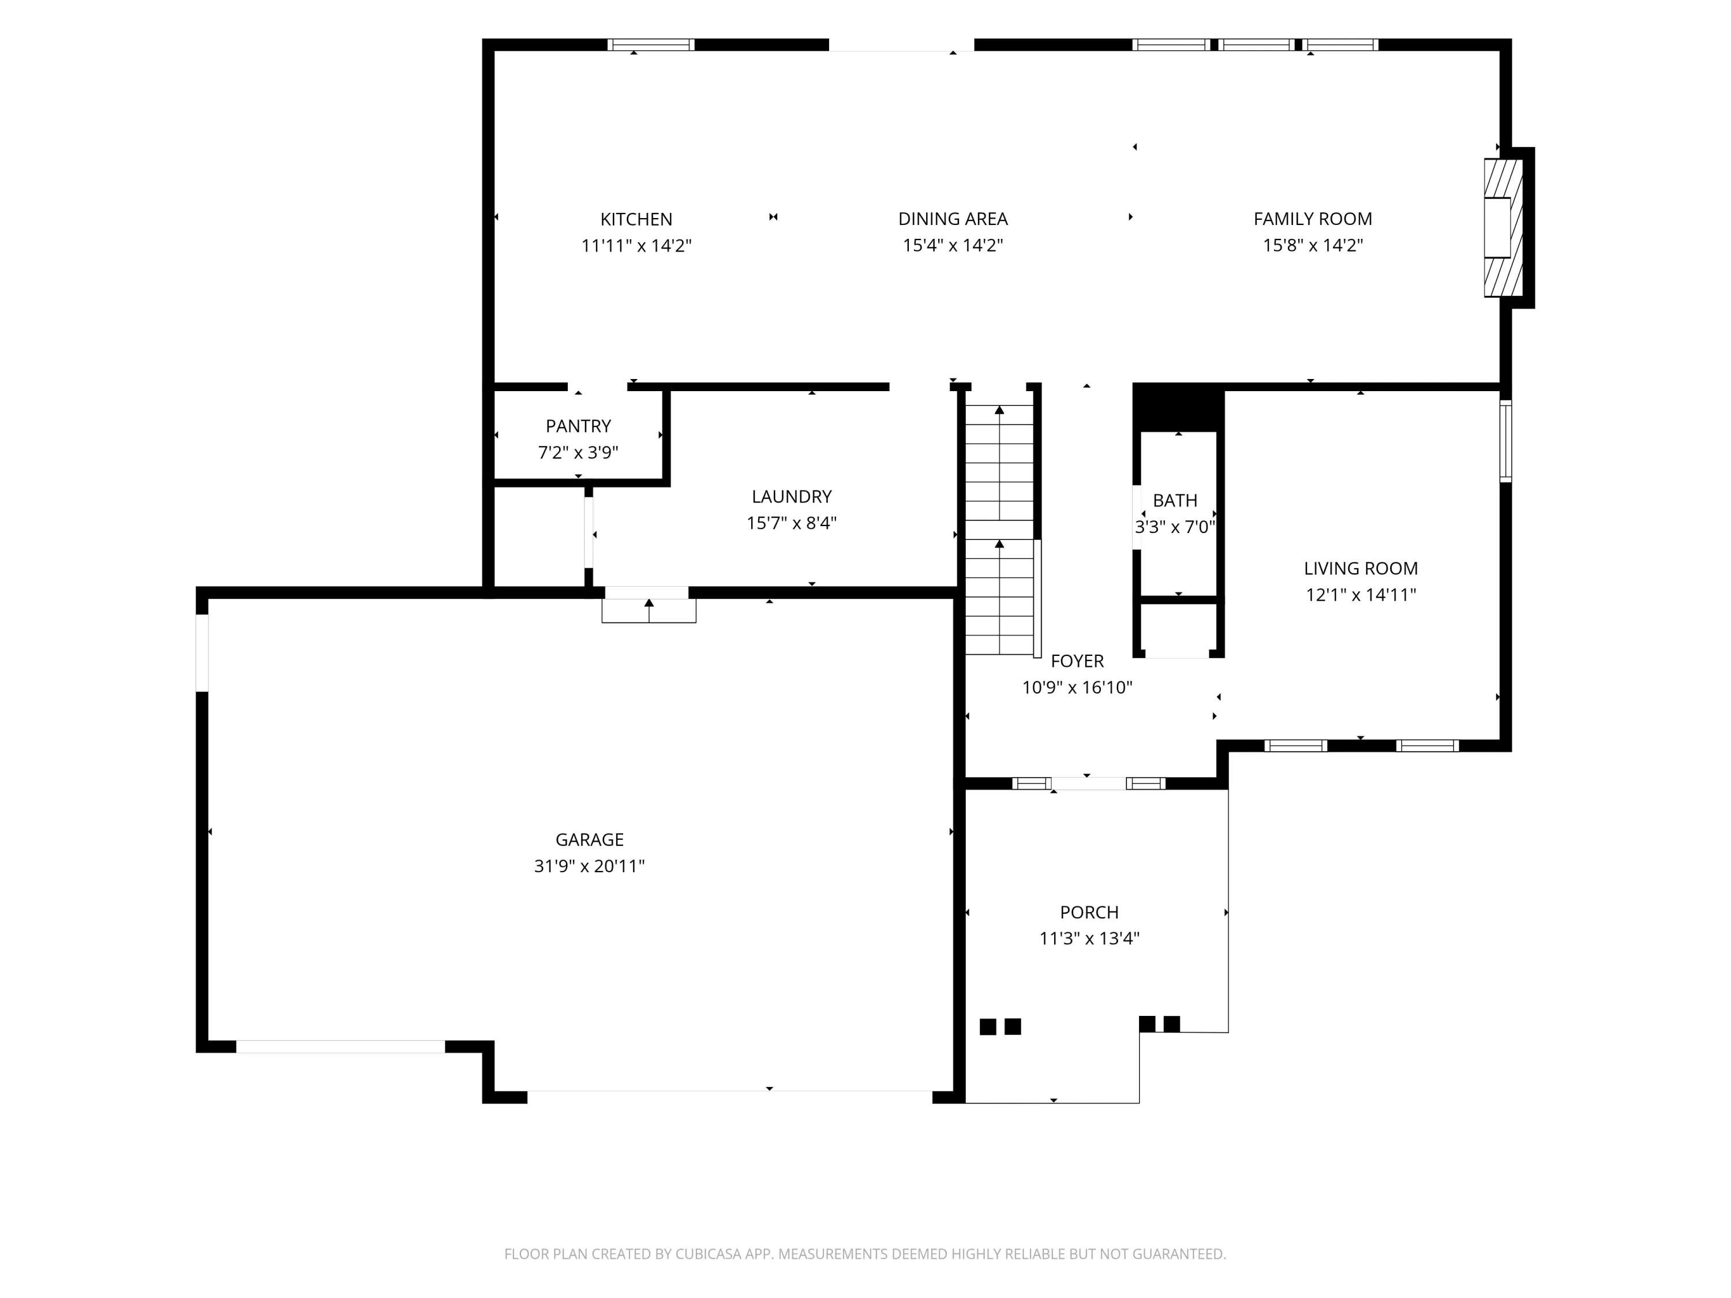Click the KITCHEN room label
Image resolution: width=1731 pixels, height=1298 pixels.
coord(636,219)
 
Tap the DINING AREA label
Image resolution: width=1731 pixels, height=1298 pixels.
coord(953,219)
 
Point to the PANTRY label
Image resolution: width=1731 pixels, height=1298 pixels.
coord(578,426)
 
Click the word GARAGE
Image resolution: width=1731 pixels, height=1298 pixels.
coord(589,839)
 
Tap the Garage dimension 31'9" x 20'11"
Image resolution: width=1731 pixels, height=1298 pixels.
coord(589,866)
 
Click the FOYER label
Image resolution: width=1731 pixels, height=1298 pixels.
coord(1077,661)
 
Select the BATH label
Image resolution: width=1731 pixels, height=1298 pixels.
coord(1175,501)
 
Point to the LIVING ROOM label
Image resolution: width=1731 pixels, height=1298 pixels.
coord(1360,569)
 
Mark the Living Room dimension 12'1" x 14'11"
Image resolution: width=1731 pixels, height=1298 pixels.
coord(1360,595)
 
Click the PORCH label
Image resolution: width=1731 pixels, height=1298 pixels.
coord(1089,912)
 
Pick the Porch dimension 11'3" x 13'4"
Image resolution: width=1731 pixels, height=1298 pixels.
coord(1089,939)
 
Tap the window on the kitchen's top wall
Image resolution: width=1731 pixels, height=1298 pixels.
coord(651,44)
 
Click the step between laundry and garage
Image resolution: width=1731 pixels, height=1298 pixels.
coord(649,611)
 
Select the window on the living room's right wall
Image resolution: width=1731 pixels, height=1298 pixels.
coord(1505,441)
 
